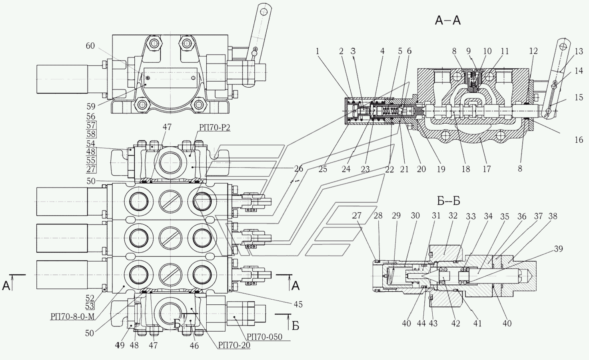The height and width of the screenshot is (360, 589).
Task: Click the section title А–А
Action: click(x=447, y=20)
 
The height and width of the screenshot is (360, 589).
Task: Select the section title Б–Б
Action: click(x=449, y=202)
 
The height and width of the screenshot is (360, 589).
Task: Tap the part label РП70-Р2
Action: click(x=215, y=127)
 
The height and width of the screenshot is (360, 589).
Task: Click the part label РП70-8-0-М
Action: click(x=72, y=317)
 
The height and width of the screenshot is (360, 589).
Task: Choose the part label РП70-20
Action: click(x=234, y=345)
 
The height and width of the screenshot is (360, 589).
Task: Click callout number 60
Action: click(x=90, y=46)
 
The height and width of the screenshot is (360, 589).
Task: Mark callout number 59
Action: click(x=91, y=106)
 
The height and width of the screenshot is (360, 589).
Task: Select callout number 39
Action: click(x=558, y=249)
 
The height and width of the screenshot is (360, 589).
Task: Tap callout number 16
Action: click(x=579, y=140)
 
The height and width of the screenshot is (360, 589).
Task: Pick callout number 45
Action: click(x=298, y=304)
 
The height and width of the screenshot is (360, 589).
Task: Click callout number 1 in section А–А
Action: click(x=317, y=51)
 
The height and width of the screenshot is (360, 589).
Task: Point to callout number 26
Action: click(x=298, y=168)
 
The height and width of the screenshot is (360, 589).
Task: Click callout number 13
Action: click(x=579, y=52)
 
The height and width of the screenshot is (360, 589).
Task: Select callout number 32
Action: click(x=453, y=216)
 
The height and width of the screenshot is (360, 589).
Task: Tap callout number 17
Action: click(x=487, y=169)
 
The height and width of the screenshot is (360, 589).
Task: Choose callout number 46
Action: click(x=194, y=345)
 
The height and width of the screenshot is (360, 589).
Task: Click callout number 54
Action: click(x=91, y=144)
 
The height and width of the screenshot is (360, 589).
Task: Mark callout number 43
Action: click(x=433, y=323)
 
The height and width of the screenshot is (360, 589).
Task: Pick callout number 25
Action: click(x=323, y=169)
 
